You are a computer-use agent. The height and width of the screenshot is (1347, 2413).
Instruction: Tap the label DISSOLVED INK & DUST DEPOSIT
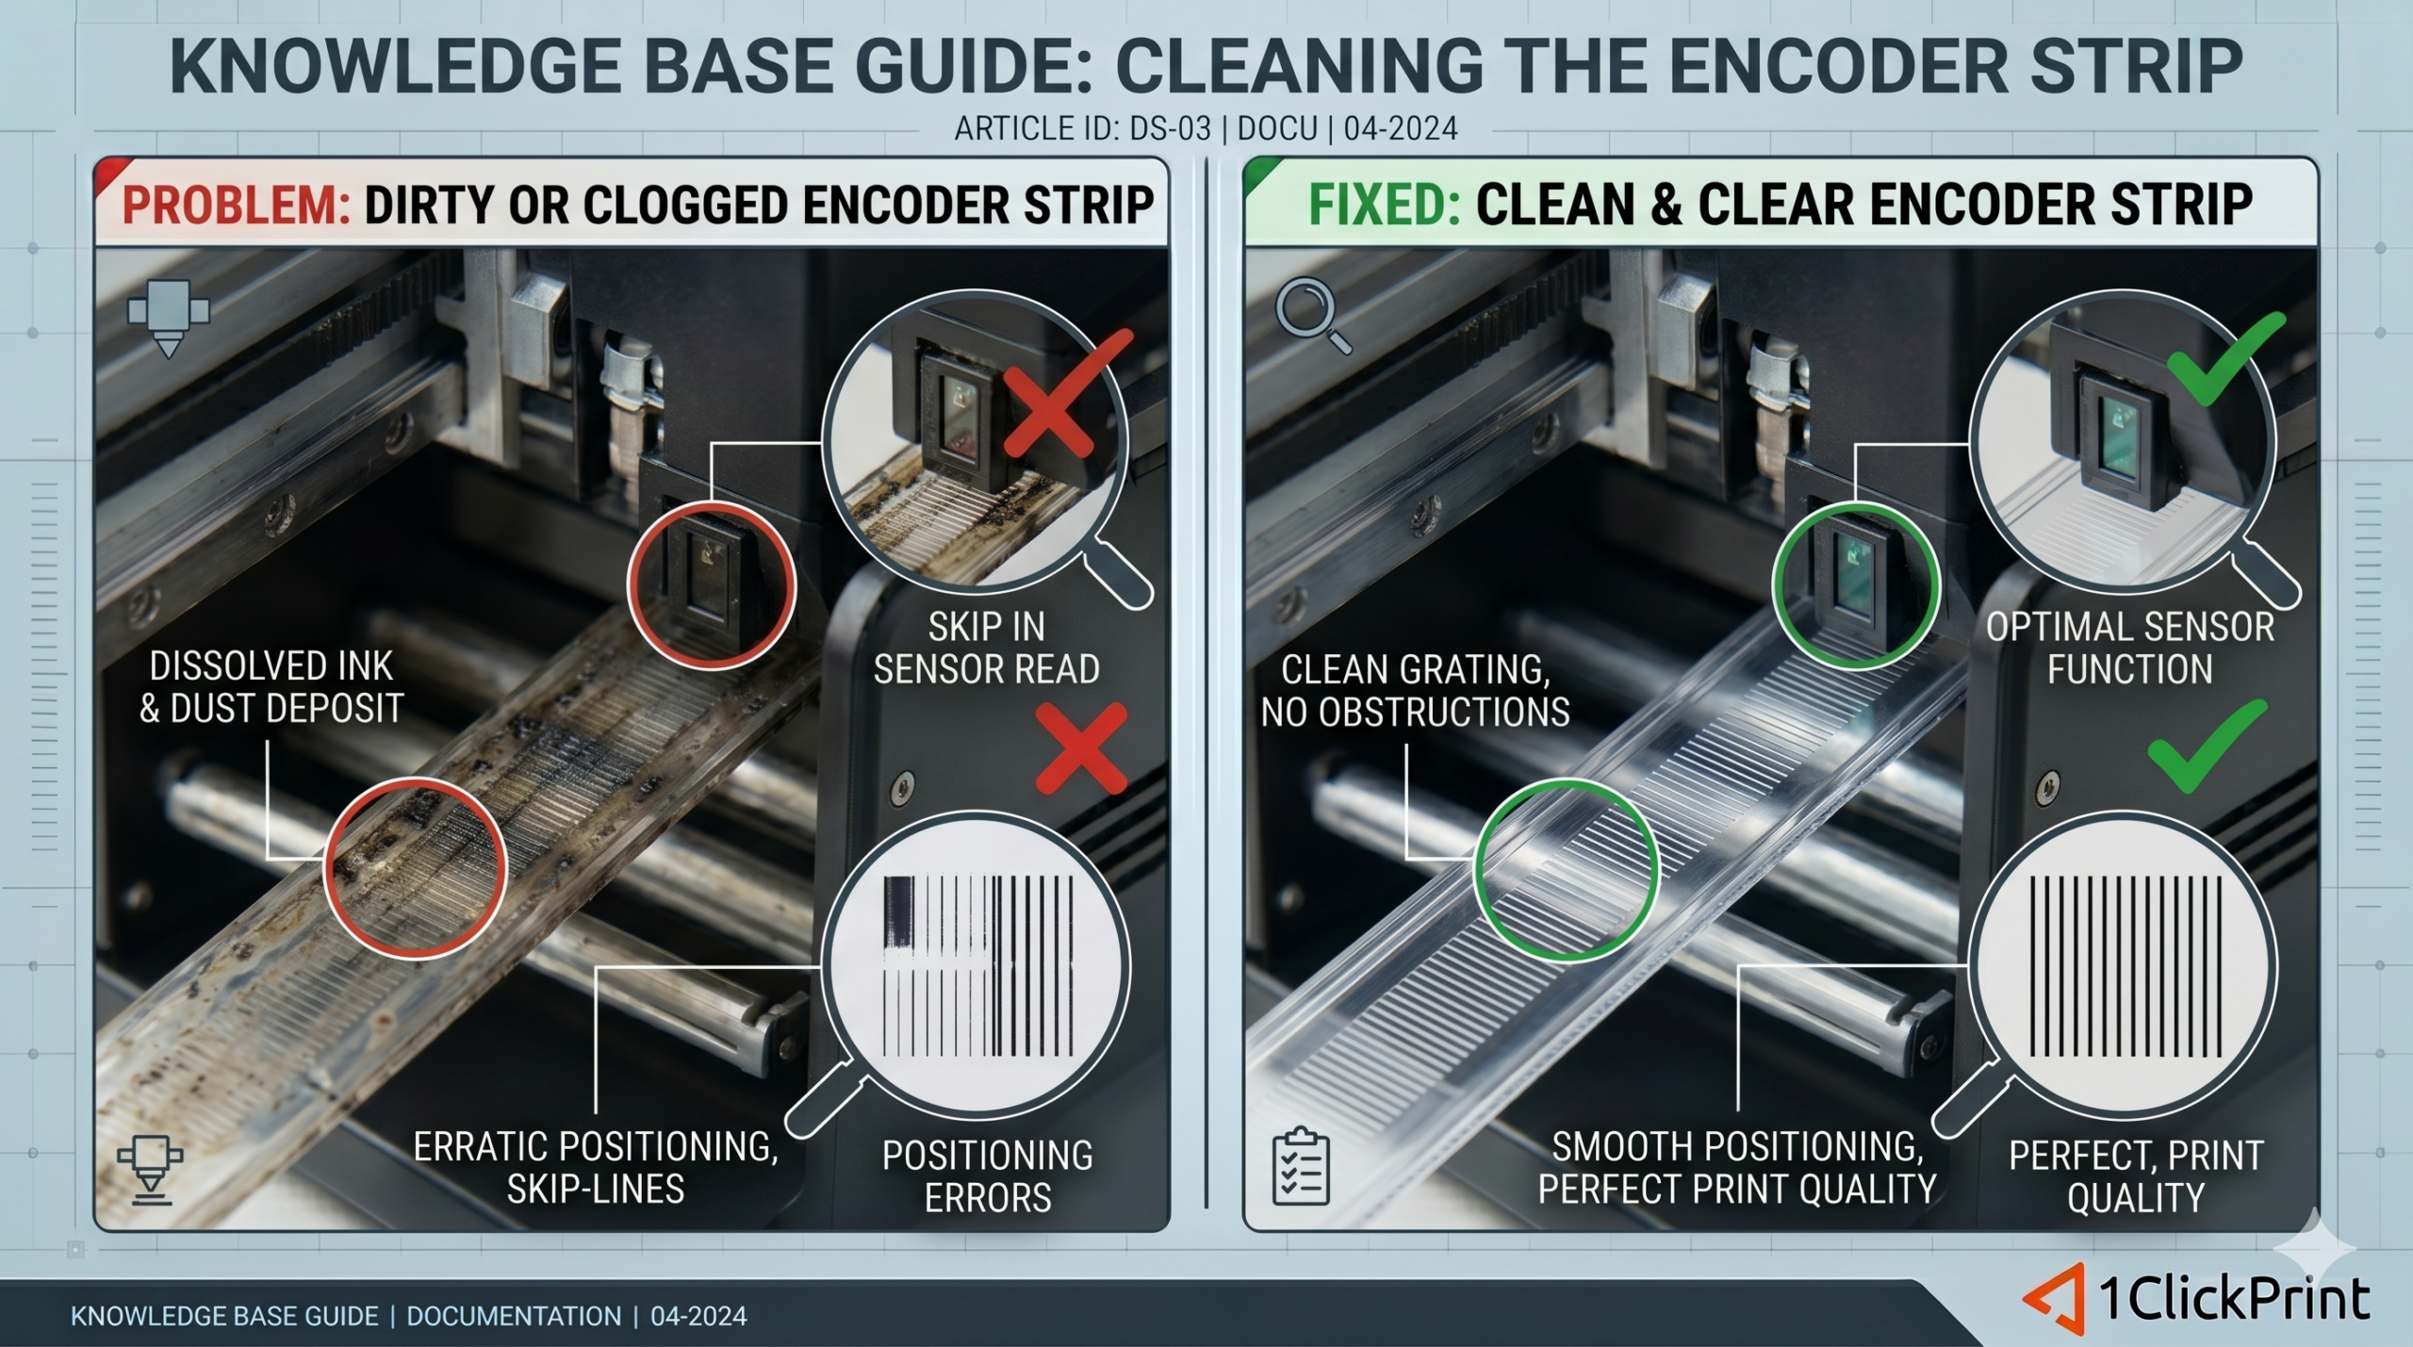click(x=271, y=687)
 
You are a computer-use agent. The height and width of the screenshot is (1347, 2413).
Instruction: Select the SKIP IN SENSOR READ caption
click(x=987, y=648)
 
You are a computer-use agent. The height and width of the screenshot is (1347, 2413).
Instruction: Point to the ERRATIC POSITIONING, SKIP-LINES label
click(x=596, y=1168)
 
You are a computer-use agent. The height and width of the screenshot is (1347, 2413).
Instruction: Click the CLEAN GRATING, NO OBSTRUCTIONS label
click(x=1415, y=691)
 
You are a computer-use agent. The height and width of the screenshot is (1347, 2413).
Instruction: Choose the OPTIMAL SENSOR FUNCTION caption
click(x=2130, y=648)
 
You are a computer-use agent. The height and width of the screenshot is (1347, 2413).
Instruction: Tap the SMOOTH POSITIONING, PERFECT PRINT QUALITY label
click(x=1737, y=1168)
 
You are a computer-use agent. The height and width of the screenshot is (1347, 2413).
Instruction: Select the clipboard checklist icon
click(x=1301, y=1166)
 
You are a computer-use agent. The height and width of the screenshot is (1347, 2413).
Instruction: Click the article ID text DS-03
click(x=1170, y=128)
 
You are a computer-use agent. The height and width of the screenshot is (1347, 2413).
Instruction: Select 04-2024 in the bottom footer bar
click(x=698, y=1316)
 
